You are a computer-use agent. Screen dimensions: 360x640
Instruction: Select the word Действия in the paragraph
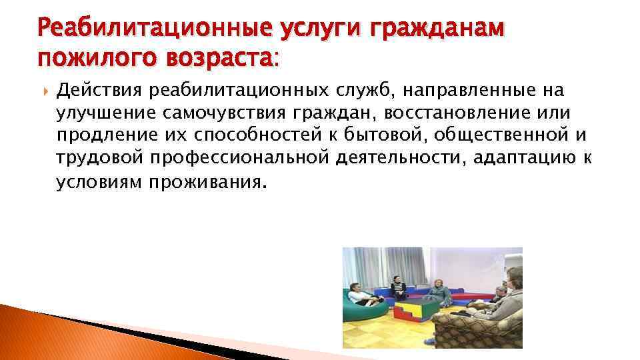[x=99, y=90]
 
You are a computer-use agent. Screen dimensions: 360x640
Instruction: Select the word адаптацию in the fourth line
[x=508, y=159]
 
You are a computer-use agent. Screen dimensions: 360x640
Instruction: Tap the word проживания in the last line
[x=211, y=183]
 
